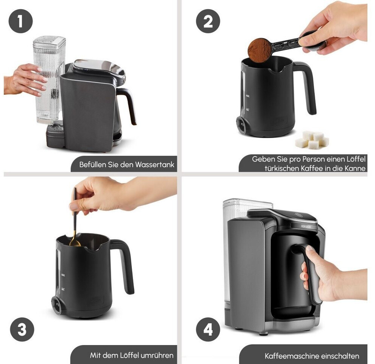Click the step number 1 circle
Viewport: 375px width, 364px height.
point(20,21)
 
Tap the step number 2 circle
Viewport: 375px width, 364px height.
point(208,21)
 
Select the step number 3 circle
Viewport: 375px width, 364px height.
point(22,329)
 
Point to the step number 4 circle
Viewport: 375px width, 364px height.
point(208,329)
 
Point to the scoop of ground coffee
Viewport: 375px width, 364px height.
point(260,50)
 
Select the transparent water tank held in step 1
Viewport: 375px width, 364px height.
point(49,80)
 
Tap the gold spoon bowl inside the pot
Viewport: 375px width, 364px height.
point(75,243)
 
